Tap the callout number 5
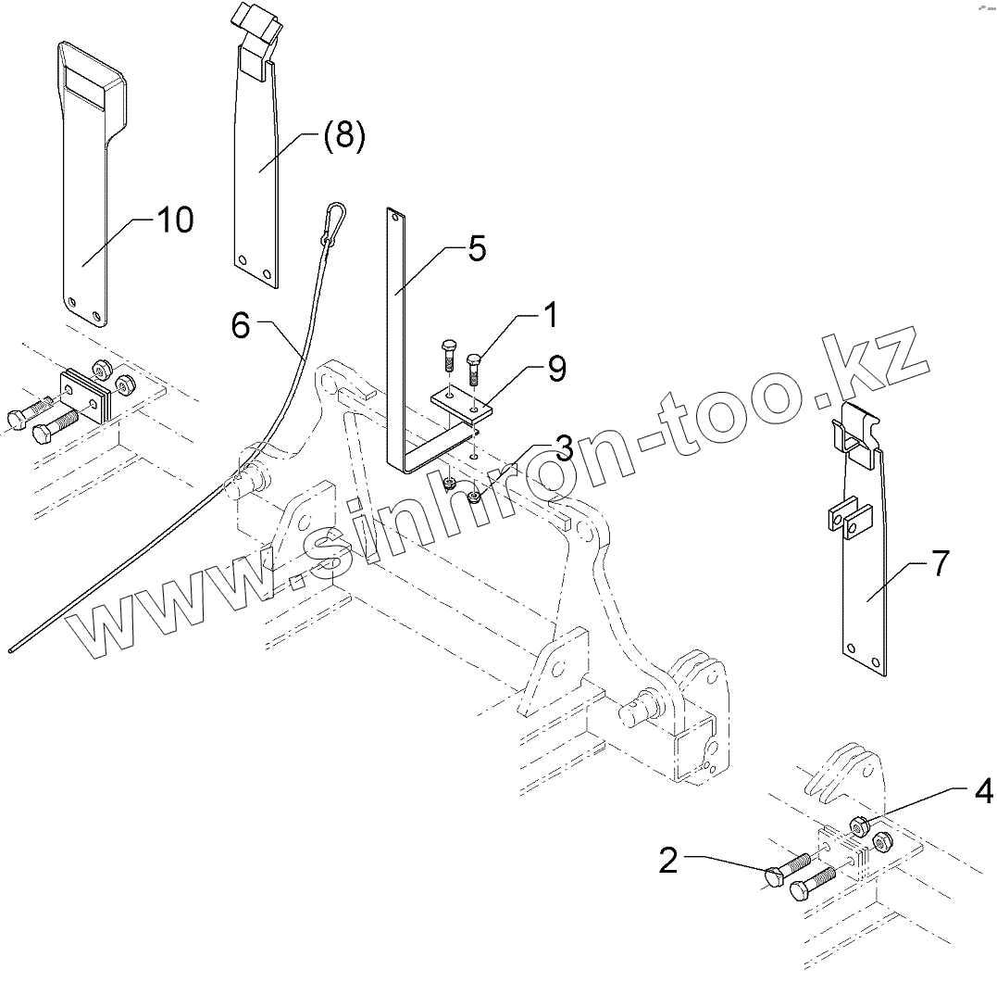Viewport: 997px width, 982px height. [x=476, y=248]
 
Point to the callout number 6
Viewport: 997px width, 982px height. [x=241, y=325]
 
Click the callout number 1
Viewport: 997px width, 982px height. [x=550, y=316]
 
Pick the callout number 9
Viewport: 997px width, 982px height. [x=556, y=369]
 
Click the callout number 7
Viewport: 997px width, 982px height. [x=940, y=562]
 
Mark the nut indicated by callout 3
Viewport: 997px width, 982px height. [x=474, y=498]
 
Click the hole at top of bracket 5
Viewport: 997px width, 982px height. [x=395, y=219]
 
